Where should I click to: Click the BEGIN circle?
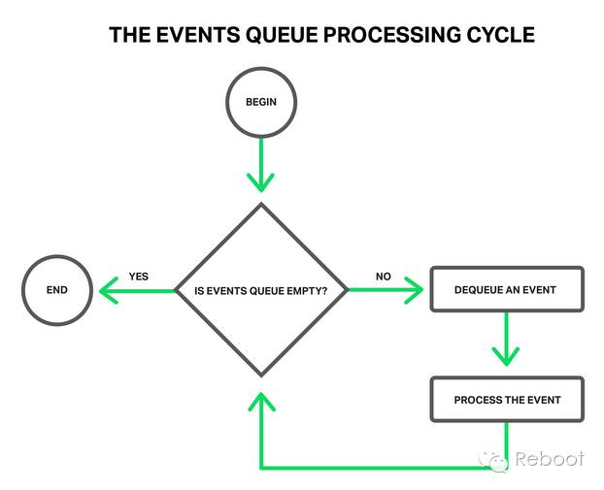click(259, 101)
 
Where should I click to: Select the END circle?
click(57, 290)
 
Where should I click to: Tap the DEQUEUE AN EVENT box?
click(507, 290)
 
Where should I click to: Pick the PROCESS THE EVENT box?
click(507, 400)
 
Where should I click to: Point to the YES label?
click(139, 277)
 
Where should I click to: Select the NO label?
click(384, 277)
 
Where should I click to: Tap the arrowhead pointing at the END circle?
click(109, 290)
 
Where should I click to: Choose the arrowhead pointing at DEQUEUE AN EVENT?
click(415, 290)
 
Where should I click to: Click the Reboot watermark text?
click(550, 459)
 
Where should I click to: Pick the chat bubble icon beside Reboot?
click(498, 461)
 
